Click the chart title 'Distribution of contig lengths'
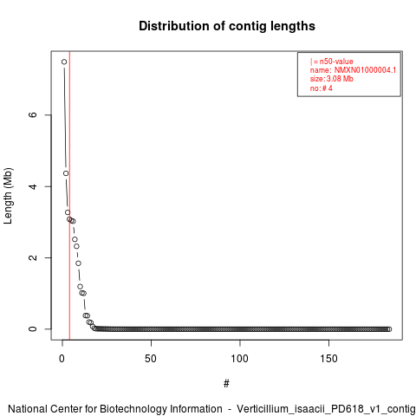coord(227,26)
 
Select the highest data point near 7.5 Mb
coord(64,62)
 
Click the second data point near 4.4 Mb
coord(66,173)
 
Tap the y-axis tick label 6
coord(33,114)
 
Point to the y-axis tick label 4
coord(33,186)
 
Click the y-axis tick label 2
coord(33,257)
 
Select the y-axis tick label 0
coord(33,329)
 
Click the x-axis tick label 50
coord(151,359)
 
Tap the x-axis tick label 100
coord(240,359)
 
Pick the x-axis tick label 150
coord(328,359)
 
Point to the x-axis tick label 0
coord(62,359)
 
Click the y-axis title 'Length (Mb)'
coord(8,196)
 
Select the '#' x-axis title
coord(226,384)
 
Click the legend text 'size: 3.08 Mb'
coord(332,79)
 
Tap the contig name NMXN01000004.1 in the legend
coord(365,70)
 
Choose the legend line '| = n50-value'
coord(332,62)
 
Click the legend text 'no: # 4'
coord(322,88)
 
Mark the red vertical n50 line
coord(69,196)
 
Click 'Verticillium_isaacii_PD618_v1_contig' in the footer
coord(326,409)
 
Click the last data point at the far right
coord(389,329)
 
